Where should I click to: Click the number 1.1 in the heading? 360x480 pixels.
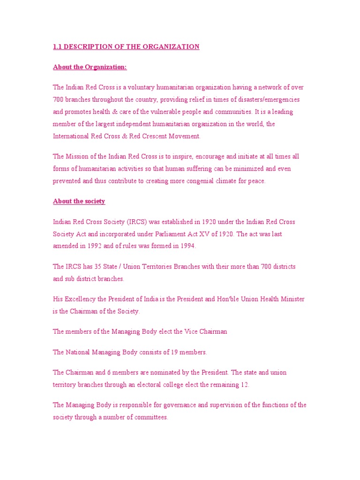tap(57, 46)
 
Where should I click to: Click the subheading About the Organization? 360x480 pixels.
tap(90, 67)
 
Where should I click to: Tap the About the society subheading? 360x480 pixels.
tap(79, 201)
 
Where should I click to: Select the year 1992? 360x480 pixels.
tap(99, 246)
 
